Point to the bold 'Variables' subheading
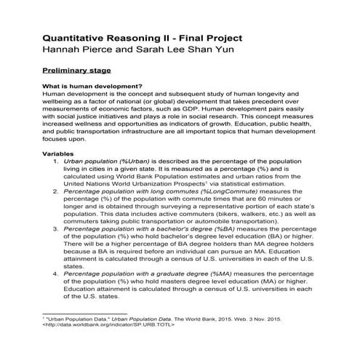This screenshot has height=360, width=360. coord(59,154)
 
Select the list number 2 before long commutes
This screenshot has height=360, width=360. coord(56,191)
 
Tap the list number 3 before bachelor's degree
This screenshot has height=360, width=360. coord(56,228)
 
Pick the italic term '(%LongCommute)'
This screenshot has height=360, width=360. coord(209,191)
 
